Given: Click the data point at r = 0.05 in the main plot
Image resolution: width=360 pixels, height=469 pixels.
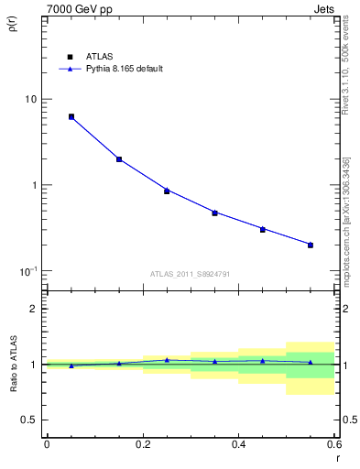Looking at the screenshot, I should tap(71, 117).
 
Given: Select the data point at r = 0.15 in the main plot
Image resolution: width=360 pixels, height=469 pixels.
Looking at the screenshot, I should tap(119, 159).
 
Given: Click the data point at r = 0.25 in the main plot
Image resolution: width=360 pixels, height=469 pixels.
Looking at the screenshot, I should tap(167, 191).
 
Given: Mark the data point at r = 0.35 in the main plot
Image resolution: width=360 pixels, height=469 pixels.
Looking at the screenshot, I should tap(214, 213).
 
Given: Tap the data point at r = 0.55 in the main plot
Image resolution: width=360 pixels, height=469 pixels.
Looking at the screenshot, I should tap(311, 245).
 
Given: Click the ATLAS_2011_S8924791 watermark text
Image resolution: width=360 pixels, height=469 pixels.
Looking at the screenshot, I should tap(190, 273).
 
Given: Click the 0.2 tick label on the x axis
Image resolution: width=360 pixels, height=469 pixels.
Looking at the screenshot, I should tap(143, 444).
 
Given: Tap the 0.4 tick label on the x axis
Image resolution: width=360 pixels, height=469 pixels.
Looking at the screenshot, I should tap(238, 444).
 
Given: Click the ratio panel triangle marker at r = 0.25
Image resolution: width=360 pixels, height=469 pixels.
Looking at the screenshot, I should tap(167, 360).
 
